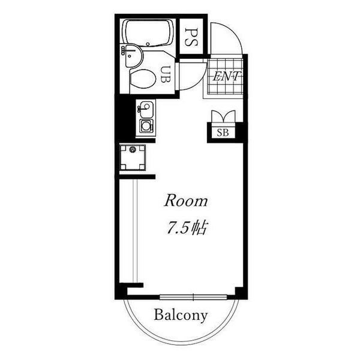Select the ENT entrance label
coord(226,76)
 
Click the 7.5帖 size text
coord(186,228)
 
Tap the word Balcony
coord(181,314)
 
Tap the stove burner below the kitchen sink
coord(146,127)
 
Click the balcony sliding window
coord(194,296)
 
